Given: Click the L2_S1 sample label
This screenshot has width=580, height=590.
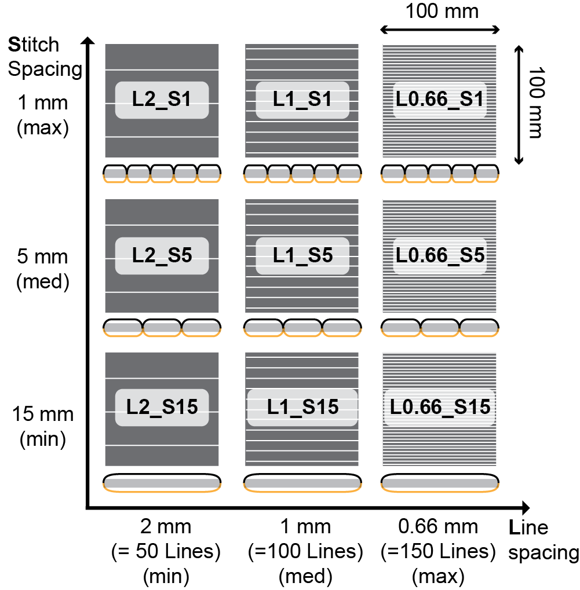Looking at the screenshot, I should (161, 100).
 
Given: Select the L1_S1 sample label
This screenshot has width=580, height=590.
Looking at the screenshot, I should (302, 100).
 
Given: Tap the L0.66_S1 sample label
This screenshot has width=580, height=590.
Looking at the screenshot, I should (439, 100).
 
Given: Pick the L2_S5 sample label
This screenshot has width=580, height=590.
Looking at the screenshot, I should (161, 255).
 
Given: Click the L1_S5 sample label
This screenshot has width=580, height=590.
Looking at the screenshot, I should (302, 255).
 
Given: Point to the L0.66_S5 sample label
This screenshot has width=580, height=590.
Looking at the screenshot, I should (439, 255).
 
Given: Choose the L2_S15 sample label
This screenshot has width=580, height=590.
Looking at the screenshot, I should (161, 407).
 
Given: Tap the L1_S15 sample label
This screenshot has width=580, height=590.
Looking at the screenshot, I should (302, 407).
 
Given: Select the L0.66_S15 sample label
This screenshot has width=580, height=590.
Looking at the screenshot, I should (439, 407).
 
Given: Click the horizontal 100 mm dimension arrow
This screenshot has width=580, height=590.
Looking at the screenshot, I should (439, 29).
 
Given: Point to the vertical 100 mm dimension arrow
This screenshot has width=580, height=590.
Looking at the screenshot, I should (519, 105).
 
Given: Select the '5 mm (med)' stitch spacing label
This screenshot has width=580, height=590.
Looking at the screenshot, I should (43, 269).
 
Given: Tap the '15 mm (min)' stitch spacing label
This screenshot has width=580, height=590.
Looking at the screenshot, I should (43, 427).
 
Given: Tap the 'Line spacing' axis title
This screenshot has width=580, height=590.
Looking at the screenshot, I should (542, 540).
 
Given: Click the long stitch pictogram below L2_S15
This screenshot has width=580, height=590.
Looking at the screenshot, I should (162, 483).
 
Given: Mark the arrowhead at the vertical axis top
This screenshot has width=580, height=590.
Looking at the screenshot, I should (87, 42).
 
